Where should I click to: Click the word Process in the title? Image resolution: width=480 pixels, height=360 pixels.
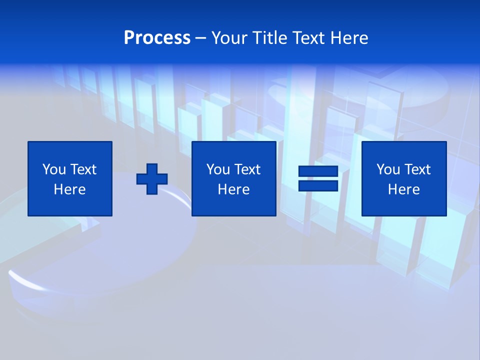click(157, 37)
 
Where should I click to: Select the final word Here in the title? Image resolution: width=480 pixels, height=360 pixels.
click(349, 37)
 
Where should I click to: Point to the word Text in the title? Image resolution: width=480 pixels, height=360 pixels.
click(308, 37)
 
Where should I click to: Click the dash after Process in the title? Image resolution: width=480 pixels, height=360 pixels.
click(200, 38)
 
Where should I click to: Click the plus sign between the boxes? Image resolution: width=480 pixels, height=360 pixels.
click(152, 179)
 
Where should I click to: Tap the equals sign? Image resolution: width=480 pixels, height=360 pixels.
click(318, 179)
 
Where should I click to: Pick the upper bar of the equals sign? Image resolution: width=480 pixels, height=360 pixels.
click(318, 172)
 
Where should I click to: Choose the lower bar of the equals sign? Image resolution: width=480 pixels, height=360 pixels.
click(318, 186)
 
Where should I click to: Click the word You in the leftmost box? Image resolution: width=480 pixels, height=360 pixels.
click(54, 169)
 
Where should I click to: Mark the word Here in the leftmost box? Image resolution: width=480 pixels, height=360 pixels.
click(70, 189)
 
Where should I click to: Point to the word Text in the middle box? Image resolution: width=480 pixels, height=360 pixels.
click(247, 169)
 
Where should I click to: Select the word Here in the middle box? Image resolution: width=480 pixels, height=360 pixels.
click(234, 189)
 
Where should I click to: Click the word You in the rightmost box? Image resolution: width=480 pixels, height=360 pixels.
click(388, 169)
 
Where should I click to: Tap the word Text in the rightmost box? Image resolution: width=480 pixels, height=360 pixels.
click(417, 169)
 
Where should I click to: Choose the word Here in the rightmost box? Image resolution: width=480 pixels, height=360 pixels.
click(404, 189)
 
